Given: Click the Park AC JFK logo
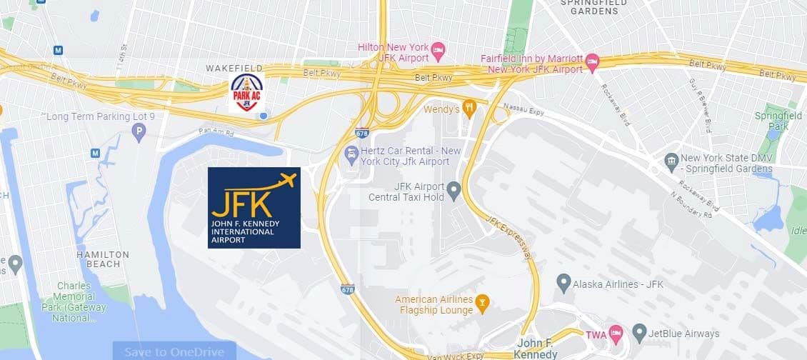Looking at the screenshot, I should click(x=246, y=91).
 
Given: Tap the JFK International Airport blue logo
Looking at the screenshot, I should click(x=254, y=208).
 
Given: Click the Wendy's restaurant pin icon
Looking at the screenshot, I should click(x=469, y=109).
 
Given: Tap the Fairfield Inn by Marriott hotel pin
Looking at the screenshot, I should click(x=592, y=64).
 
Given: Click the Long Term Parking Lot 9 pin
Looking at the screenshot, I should click(x=139, y=131).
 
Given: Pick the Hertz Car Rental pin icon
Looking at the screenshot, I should click(x=351, y=153).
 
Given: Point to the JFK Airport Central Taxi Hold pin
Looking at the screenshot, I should click(x=453, y=190).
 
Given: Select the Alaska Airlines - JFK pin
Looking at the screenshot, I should click(x=563, y=283).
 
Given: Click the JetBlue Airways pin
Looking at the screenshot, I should click(x=639, y=332).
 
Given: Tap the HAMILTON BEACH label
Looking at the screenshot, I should click(x=103, y=259).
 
